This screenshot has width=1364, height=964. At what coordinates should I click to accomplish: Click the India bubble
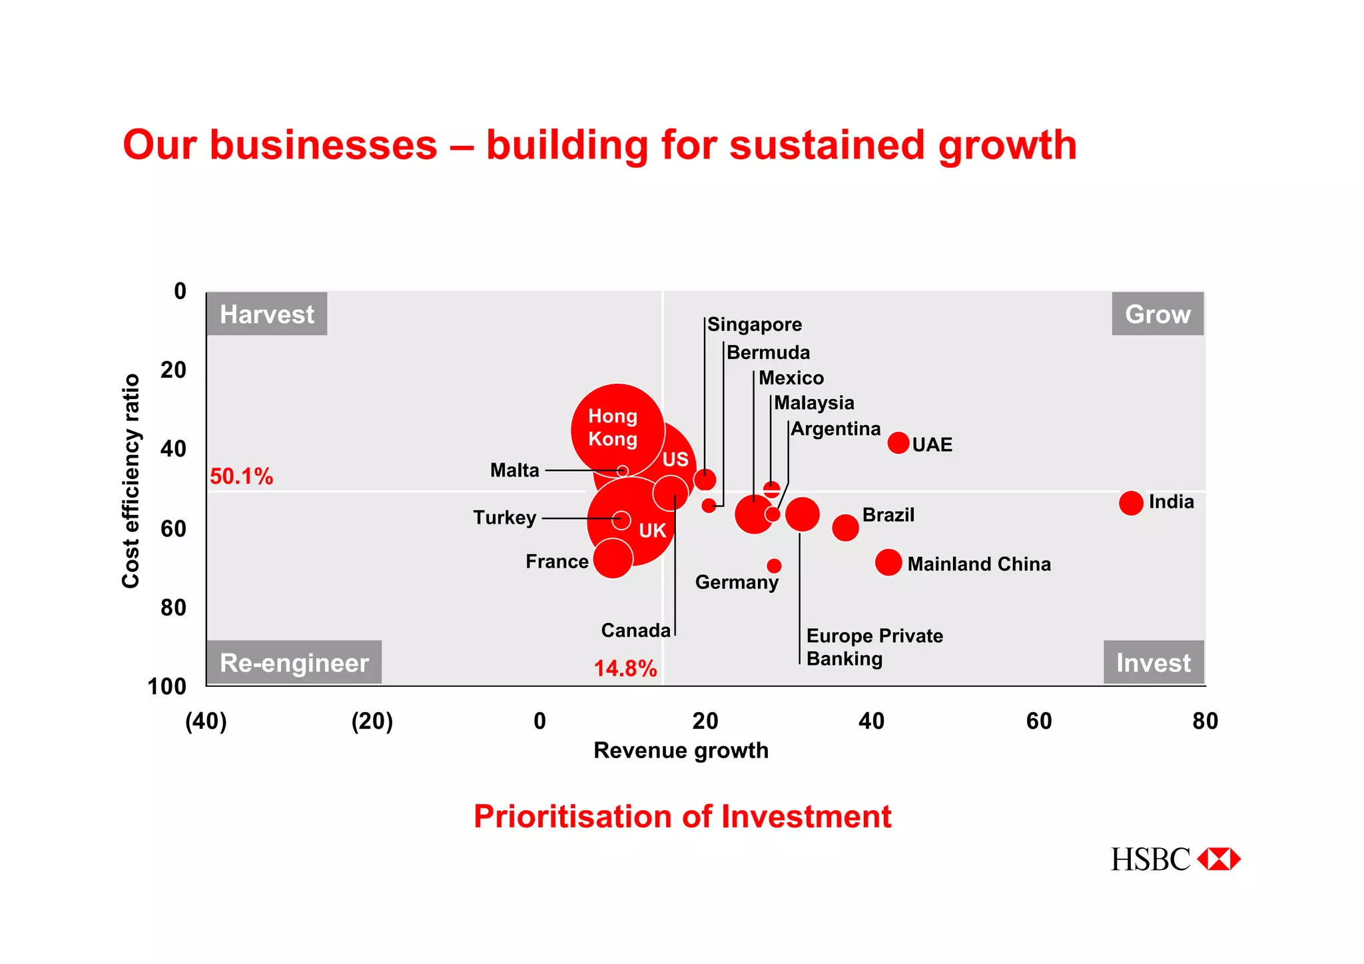point(1130,503)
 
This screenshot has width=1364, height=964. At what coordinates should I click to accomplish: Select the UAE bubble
point(898,442)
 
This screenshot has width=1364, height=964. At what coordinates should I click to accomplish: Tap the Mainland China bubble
point(888,562)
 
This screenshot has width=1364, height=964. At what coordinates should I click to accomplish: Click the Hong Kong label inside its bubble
point(613,428)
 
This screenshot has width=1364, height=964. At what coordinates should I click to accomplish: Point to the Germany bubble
point(773,566)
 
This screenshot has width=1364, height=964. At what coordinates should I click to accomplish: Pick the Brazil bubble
point(845,528)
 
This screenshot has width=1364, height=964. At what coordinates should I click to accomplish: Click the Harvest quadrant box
point(266,314)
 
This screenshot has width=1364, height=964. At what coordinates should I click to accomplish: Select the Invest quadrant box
point(1153,662)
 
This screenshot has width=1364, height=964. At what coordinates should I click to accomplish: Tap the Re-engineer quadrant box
point(294,662)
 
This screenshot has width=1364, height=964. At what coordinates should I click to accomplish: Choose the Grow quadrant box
point(1158,314)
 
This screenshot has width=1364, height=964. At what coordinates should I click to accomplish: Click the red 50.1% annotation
point(241,476)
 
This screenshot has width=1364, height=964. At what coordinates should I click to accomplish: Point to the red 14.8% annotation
point(625,668)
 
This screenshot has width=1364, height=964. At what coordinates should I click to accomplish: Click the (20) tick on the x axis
point(372,721)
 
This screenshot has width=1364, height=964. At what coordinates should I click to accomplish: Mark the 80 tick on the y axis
point(173,608)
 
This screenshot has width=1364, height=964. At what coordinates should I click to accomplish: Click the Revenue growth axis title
point(681,750)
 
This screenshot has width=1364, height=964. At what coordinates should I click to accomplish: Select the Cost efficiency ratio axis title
point(131,481)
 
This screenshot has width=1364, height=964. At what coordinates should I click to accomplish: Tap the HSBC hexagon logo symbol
point(1218,859)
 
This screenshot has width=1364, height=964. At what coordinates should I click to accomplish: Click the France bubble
point(612,558)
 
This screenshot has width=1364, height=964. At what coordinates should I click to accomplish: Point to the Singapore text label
point(754,324)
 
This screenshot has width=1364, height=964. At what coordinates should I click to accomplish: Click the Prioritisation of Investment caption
point(682,817)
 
